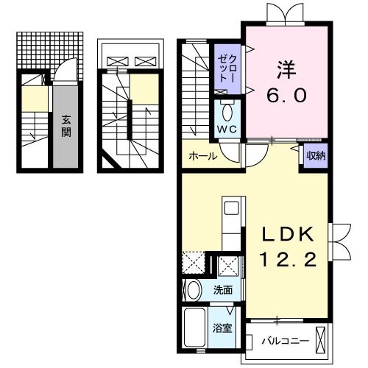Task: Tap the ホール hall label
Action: pyautogui.click(x=202, y=157)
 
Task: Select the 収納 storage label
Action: pyautogui.click(x=316, y=155)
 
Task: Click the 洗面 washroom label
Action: pyautogui.click(x=223, y=290)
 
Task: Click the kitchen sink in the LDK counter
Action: pyautogui.click(x=228, y=208)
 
